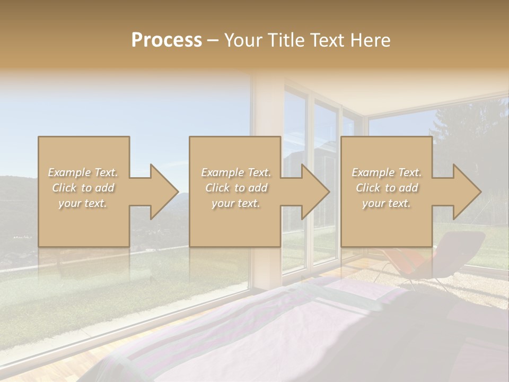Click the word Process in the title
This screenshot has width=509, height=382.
point(166,40)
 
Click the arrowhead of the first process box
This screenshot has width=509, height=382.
point(164,192)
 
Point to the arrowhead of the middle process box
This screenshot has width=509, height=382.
point(316,192)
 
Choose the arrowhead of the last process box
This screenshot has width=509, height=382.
point(467,192)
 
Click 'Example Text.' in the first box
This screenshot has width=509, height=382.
point(83,172)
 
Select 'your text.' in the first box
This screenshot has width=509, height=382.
point(83,203)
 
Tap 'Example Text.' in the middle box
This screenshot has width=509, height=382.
point(235,172)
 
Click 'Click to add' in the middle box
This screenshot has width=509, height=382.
point(235,188)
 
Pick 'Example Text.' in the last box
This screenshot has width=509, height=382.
point(387,172)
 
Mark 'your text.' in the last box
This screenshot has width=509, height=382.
point(387,203)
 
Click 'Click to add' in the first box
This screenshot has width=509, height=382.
point(83,188)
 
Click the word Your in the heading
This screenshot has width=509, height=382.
point(242,40)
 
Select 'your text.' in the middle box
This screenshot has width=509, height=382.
point(235,203)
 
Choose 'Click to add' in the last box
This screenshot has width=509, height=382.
point(387,188)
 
